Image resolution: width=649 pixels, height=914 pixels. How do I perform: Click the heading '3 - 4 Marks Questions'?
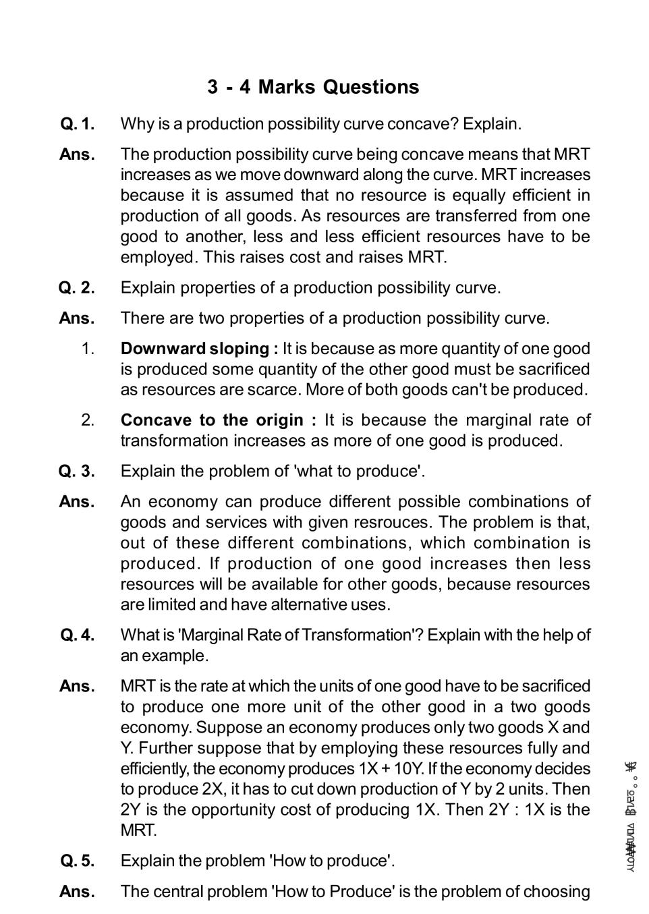tap(313, 87)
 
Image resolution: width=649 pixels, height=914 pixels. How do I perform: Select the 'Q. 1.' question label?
tap(77, 124)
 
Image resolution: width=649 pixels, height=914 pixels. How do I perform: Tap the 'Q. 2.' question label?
tap(77, 288)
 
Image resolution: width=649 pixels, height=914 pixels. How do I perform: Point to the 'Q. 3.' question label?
tap(77, 472)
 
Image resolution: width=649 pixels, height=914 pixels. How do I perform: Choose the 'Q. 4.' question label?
tap(77, 635)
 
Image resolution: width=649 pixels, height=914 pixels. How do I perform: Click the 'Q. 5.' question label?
tap(77, 861)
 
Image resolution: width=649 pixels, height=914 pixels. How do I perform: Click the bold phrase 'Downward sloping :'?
tap(199, 349)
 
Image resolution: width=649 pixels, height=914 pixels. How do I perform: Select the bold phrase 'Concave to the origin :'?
tap(218, 420)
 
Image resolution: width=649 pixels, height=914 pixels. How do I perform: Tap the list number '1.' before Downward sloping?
tap(88, 349)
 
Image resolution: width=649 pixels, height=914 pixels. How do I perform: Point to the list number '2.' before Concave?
tap(88, 420)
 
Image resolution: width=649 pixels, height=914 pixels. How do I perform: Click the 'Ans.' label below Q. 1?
tap(77, 154)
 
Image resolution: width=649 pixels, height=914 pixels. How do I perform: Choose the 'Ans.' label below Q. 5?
tap(77, 892)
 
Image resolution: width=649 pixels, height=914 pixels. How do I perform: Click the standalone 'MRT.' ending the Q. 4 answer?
tap(138, 830)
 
